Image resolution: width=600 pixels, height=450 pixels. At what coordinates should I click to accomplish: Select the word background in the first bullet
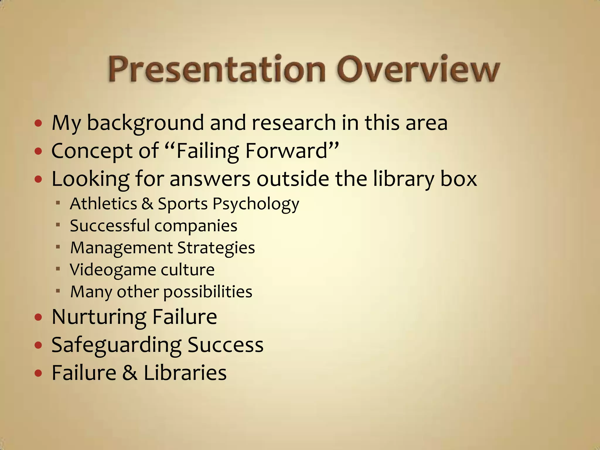145,123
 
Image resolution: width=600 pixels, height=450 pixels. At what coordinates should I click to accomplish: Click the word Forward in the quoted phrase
286,151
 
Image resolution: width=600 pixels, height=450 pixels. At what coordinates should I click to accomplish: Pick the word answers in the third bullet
210,179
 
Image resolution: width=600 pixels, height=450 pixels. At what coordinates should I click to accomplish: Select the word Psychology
255,204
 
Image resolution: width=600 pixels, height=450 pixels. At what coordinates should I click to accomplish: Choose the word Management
121,248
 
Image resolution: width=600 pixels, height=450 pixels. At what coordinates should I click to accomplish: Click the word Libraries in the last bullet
185,373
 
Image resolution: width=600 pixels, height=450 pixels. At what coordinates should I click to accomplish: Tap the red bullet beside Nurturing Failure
38,317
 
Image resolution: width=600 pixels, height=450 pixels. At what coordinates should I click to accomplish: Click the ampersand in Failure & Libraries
130,373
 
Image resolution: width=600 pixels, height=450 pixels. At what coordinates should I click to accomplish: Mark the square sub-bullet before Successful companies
58,225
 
